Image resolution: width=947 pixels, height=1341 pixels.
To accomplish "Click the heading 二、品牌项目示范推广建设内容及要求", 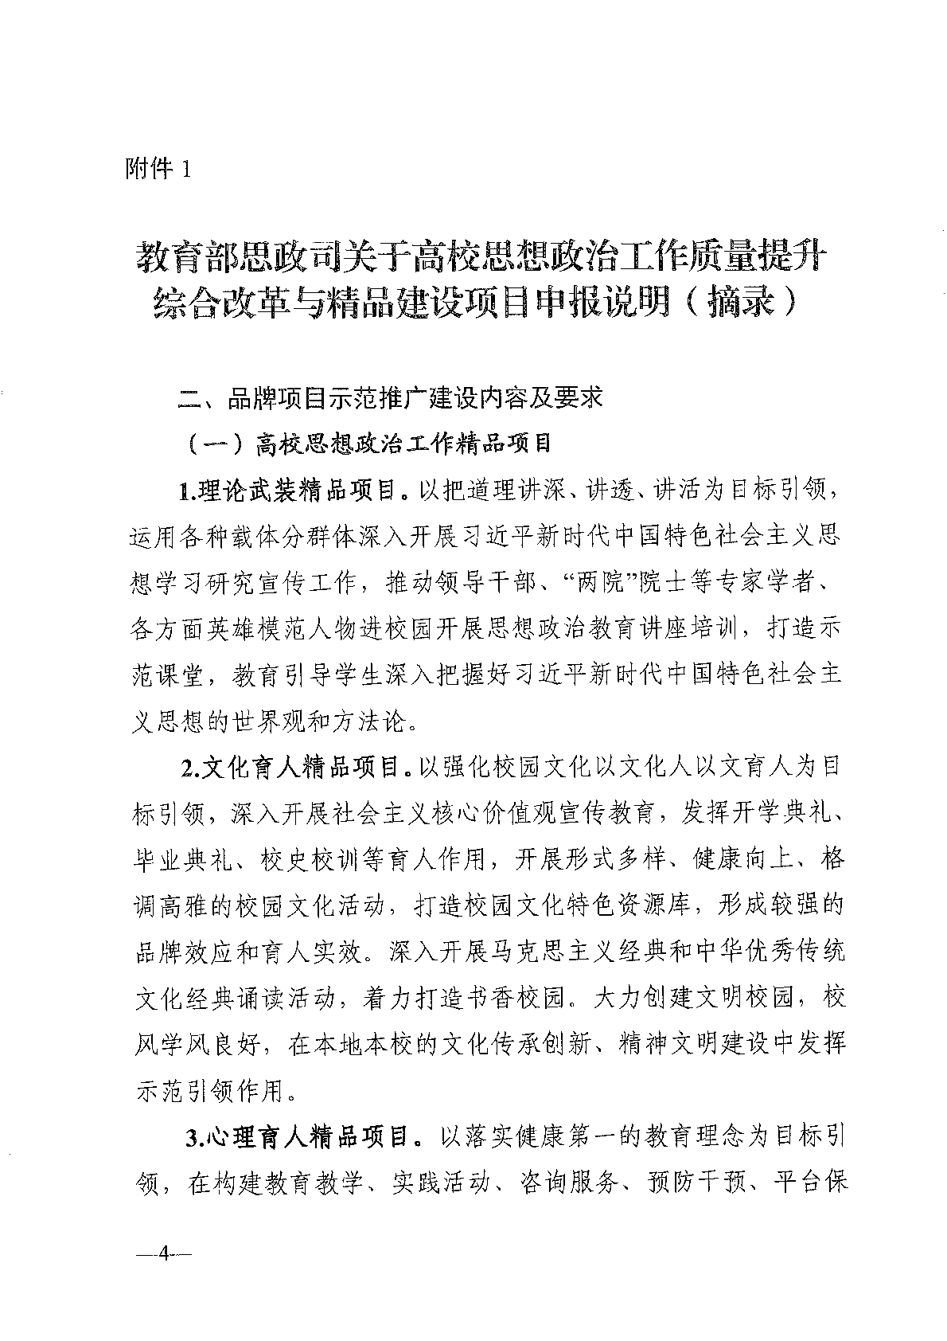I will coord(390,397).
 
